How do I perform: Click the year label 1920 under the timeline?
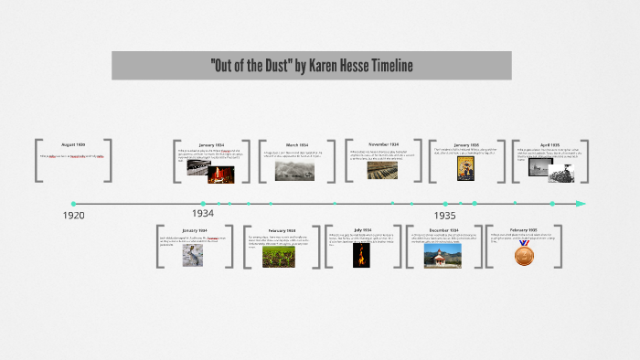pos(73,215)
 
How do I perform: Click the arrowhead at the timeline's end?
pos(581,203)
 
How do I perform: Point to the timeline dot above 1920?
pos(73,203)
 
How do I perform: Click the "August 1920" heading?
pos(73,145)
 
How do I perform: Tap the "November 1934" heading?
pos(383,144)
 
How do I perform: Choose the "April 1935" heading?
pos(550,144)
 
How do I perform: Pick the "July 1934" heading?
pos(361,230)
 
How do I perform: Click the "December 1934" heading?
pos(443,230)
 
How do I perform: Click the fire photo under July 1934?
pos(361,254)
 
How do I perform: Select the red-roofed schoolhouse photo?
pos(443,255)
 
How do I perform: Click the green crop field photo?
pos(279,257)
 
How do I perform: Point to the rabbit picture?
pos(194,255)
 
